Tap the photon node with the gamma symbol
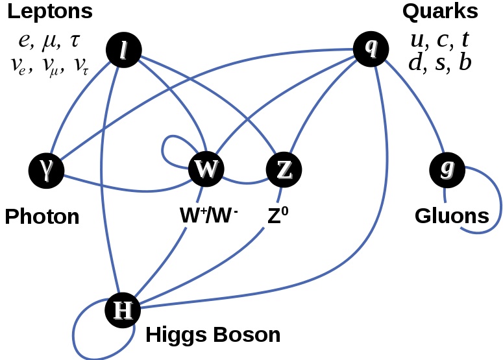coord(47,170)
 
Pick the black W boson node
coord(206,170)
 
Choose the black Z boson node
coord(284,170)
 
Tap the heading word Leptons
coord(50,11)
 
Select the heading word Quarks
coord(439,11)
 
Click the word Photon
coord(42,216)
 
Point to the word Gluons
coord(452,215)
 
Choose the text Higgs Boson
coord(213,335)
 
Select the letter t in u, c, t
coord(464,40)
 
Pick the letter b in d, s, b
coord(465,64)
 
